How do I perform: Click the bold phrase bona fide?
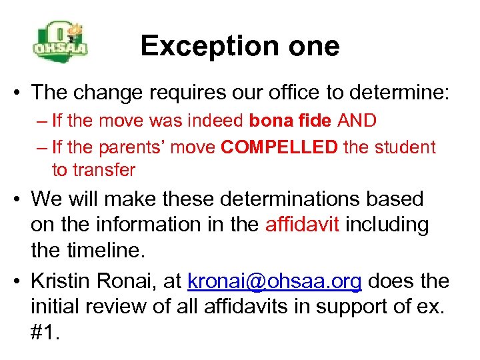point(290,121)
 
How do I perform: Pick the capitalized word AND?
point(357,121)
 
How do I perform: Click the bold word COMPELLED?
point(279,147)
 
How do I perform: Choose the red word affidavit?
point(303,225)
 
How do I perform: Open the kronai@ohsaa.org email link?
point(275,281)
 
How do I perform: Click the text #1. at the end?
point(45,333)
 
